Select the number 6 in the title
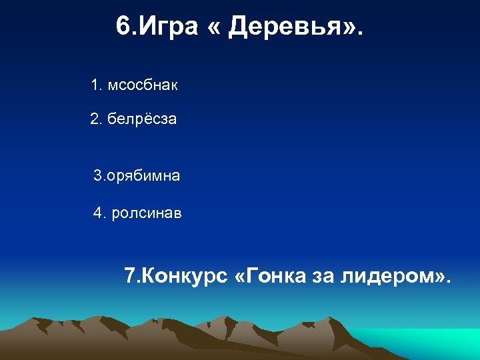click(x=122, y=27)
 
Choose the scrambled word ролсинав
click(x=147, y=213)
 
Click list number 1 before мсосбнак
click(x=95, y=85)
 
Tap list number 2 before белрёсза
click(x=95, y=121)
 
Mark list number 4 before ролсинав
click(x=99, y=213)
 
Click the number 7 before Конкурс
click(x=129, y=275)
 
